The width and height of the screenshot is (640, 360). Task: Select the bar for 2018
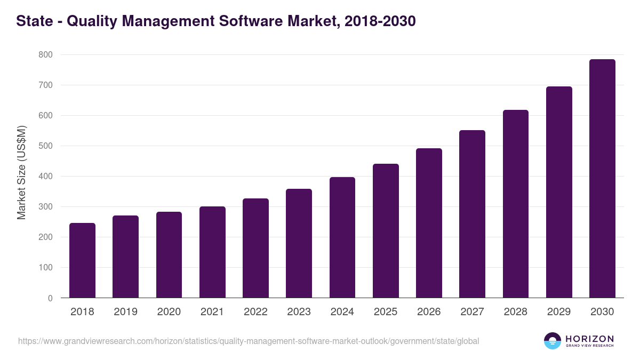82,260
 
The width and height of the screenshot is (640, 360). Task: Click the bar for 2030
602,179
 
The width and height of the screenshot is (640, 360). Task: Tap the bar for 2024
342,237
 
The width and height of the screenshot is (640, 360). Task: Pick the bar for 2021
212,252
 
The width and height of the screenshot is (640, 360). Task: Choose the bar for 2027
472,214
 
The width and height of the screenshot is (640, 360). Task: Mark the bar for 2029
559,192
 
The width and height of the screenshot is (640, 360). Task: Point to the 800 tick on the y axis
45,55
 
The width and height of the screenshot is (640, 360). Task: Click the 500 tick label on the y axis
45,146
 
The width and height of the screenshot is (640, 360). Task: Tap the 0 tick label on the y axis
50,298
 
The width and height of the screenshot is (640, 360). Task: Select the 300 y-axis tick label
45,207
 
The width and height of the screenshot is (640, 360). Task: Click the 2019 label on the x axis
125,312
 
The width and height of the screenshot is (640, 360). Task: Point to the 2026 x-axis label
429,312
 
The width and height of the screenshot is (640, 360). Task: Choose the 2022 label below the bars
255,312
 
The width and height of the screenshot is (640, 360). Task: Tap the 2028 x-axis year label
516,312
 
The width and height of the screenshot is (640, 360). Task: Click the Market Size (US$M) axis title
21,172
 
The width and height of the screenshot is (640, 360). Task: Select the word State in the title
34,21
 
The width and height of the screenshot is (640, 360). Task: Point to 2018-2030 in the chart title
380,21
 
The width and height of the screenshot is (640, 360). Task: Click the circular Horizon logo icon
553,341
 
